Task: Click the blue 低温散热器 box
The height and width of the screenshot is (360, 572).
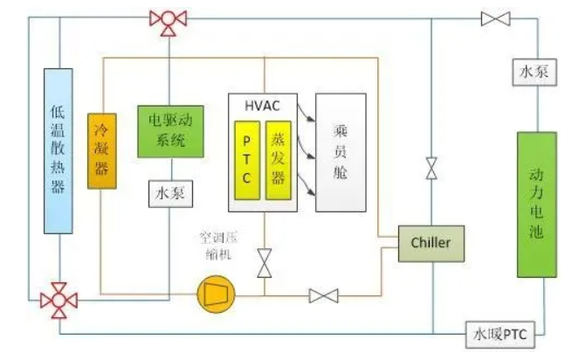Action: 59,150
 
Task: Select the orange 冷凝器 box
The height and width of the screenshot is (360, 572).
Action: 101,150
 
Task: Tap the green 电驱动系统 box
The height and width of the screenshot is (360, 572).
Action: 171,131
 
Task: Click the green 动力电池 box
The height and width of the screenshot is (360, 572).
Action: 536,204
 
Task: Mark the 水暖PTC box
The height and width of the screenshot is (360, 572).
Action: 503,332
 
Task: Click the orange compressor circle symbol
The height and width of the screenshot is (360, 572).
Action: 213,295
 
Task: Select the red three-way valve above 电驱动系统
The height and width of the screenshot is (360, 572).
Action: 163,20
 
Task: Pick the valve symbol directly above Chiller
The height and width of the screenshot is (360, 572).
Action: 431,168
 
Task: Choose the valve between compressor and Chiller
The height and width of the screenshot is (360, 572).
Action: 323,296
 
